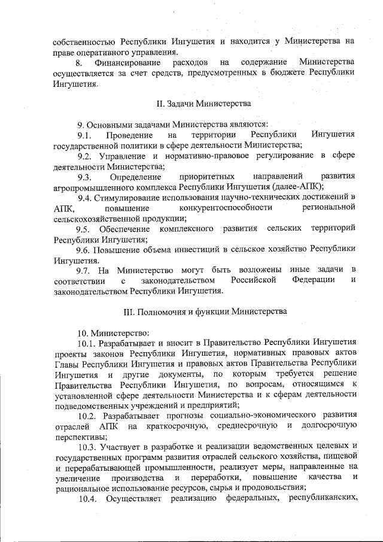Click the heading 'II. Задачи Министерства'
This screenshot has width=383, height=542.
(203, 104)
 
